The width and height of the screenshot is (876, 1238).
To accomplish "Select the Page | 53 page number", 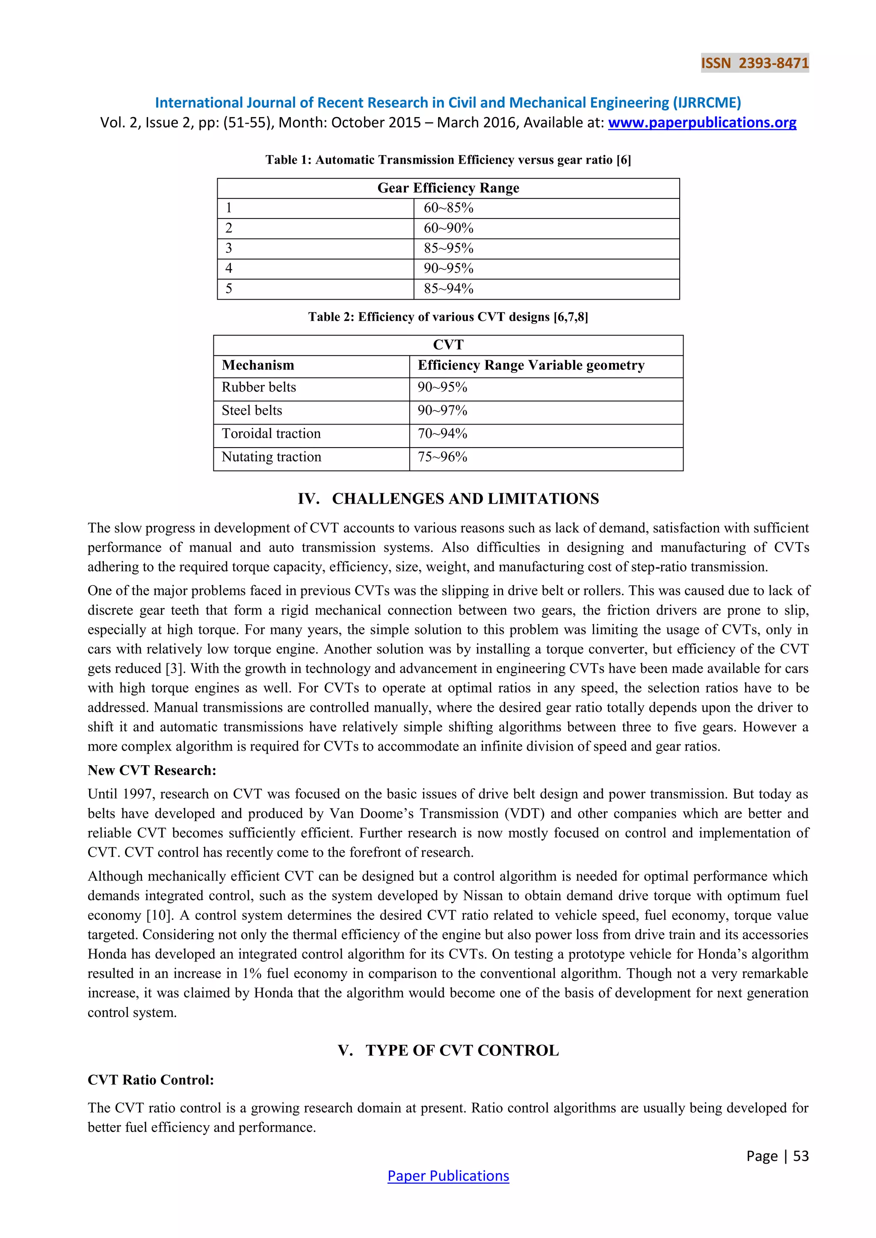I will point(777,1155).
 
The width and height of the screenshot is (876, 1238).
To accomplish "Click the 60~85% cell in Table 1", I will point(448,208).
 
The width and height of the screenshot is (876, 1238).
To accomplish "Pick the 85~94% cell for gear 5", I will point(448,289).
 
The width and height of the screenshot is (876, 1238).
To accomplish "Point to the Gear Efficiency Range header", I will point(448,188).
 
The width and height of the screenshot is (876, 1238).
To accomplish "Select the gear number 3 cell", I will point(229,248).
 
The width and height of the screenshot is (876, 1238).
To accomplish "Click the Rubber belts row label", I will point(258,387).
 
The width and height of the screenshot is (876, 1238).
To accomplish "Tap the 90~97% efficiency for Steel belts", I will point(442,410).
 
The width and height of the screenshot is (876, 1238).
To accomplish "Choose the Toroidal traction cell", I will point(271,433).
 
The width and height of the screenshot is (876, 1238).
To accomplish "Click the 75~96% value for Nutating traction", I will point(442,457).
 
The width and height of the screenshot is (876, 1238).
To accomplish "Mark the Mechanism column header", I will point(258,366).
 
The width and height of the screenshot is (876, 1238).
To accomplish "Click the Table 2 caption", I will point(448,317).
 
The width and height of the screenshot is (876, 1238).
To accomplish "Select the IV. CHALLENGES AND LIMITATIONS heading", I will point(448,499).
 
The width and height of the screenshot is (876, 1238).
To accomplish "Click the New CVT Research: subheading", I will point(151,770).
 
